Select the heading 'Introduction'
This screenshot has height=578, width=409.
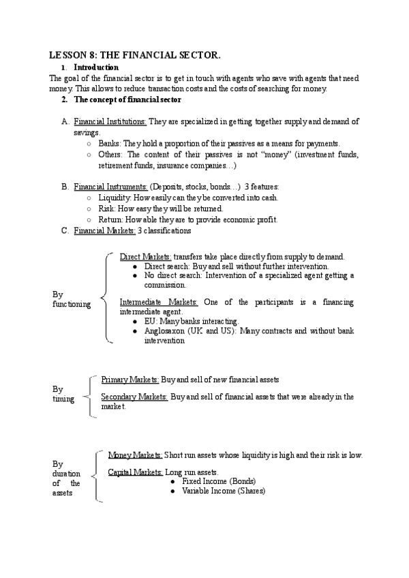[96, 67]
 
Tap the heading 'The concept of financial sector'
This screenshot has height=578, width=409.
[127, 100]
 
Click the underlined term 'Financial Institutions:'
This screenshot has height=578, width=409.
[110, 122]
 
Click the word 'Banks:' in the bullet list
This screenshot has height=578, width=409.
[110, 144]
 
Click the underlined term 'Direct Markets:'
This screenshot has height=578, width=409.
[145, 257]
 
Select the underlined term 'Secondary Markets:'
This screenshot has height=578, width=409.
[134, 397]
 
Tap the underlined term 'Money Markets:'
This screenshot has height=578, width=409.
[136, 455]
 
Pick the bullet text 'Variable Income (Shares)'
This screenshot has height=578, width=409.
[224, 491]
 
